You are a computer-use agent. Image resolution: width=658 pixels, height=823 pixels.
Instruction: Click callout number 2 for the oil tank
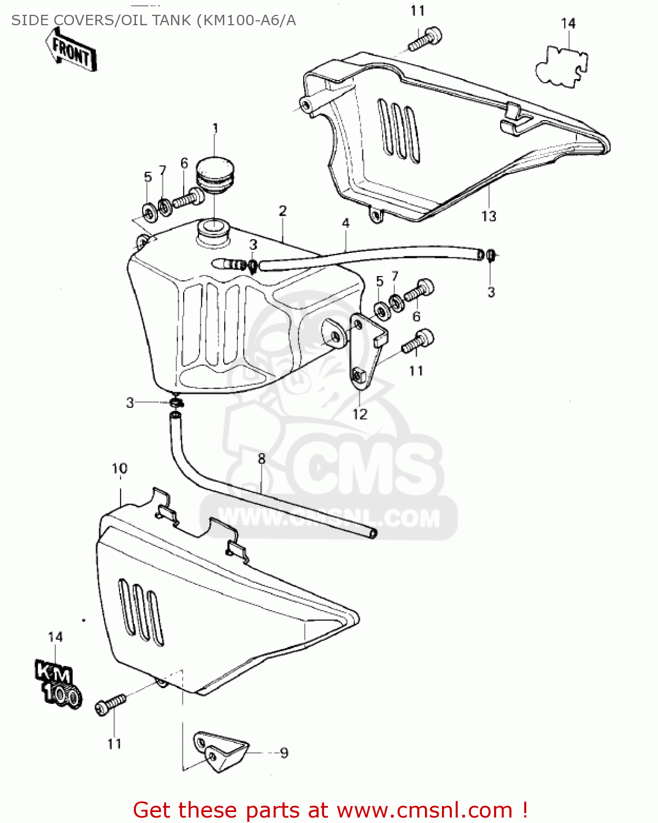pos(282,211)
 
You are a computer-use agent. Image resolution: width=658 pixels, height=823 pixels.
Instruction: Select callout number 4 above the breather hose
pos(345,223)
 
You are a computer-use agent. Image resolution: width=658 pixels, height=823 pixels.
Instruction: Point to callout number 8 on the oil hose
pos(262,459)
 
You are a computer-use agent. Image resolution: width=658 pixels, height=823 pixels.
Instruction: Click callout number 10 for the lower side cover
pos(120,469)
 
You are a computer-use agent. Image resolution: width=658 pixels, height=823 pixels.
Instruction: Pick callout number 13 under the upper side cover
pos(489,216)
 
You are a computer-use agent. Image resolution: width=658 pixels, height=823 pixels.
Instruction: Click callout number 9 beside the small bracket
pos(283,753)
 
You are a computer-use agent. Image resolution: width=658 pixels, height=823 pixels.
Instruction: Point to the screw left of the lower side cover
pos(110,703)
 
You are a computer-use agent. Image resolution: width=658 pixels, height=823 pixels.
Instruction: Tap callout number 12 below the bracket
pos(360,414)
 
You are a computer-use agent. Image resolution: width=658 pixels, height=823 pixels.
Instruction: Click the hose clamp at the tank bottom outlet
pos(175,403)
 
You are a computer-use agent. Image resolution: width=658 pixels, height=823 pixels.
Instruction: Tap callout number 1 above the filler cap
pos(215,128)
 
